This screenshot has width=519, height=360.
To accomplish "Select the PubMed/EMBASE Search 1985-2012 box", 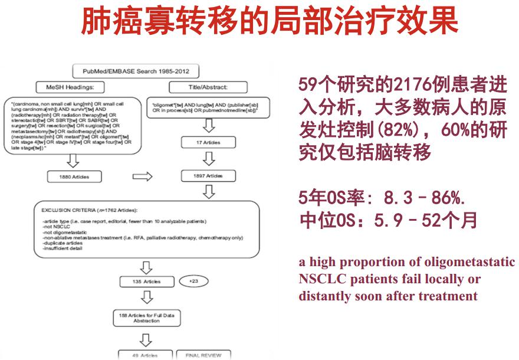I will pos(136,72).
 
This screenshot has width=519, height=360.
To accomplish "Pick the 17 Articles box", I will pos(208,142).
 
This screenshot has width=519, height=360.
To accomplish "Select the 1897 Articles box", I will pos(208,176).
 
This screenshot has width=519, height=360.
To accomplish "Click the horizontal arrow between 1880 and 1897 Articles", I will pos(142,176).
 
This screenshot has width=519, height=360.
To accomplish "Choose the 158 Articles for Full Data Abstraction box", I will pos(144,318).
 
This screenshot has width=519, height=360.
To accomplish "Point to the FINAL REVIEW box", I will pos(203,355).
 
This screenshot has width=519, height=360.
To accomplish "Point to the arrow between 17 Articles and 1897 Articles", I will pos(208,159).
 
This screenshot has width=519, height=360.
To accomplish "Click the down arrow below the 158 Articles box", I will pos(144,339).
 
